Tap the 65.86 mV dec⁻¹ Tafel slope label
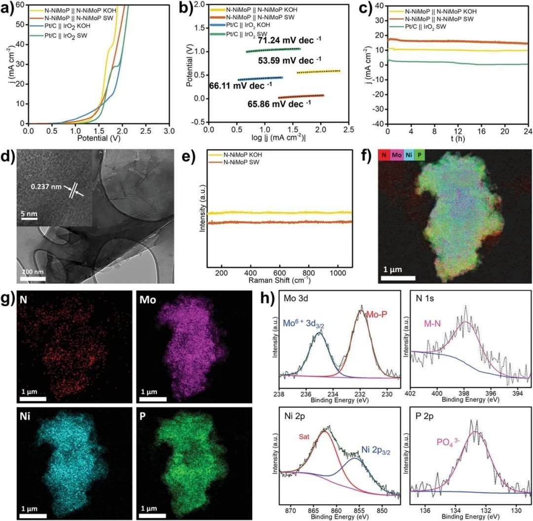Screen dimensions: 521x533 (x=280, y=104)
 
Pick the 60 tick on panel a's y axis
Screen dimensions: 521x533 (x=20, y=4)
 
